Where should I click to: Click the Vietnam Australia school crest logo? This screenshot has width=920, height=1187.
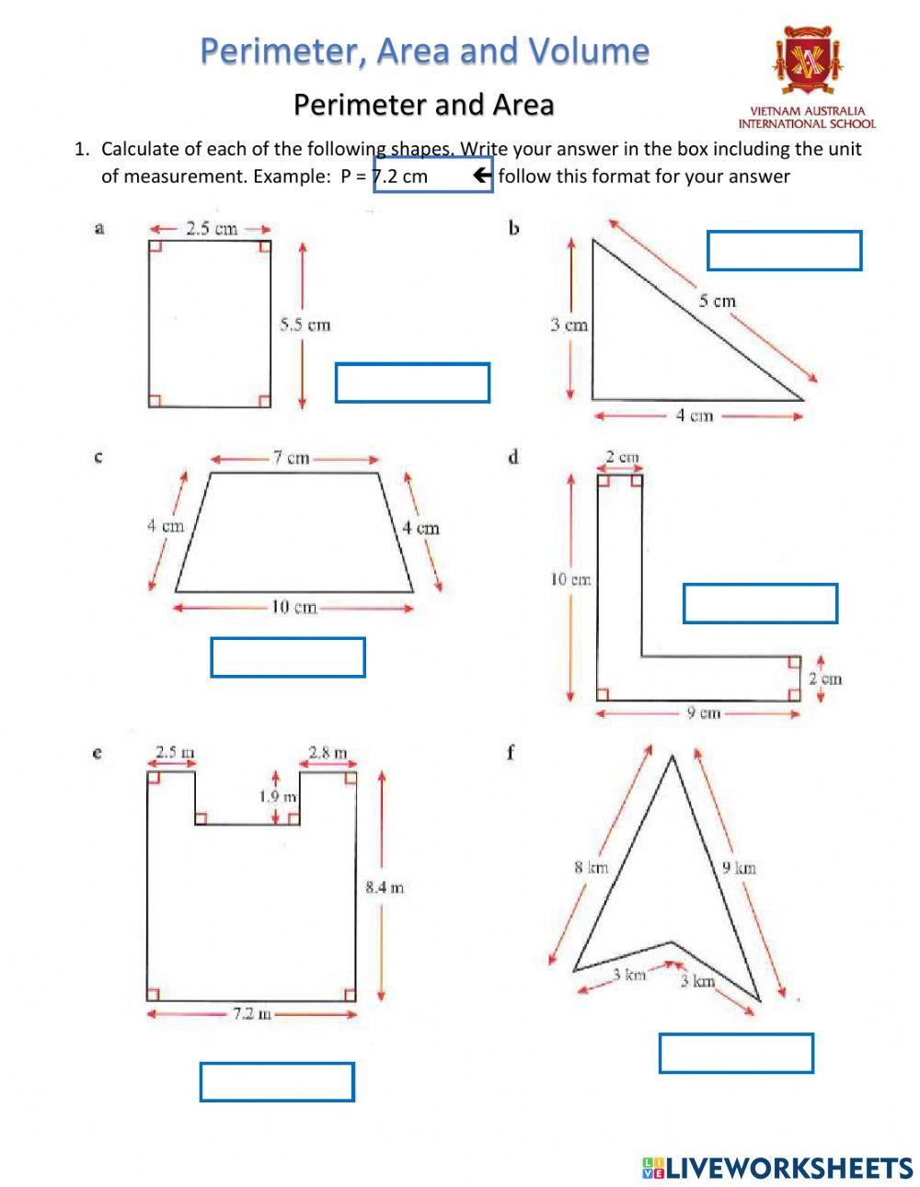[x=806, y=62]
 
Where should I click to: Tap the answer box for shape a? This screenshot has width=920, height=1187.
[x=412, y=383]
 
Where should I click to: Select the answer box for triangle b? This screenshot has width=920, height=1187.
[x=784, y=251]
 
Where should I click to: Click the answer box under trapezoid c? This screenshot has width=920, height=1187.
[x=288, y=657]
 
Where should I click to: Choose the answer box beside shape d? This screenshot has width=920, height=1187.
[x=760, y=603]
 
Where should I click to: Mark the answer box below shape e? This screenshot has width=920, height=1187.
[x=277, y=1082]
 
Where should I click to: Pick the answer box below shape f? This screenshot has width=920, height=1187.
[x=736, y=1054]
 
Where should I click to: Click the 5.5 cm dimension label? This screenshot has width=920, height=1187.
[x=305, y=325]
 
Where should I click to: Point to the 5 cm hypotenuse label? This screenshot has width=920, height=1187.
[x=717, y=301]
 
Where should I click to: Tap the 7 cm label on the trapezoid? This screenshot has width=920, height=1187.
[x=291, y=458]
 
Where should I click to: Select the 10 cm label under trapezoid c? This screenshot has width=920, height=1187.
[x=293, y=607]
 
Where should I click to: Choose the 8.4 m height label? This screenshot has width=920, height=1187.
[x=384, y=887]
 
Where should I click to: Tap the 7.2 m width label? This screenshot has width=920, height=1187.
[x=251, y=1014]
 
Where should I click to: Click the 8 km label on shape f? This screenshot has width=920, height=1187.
[x=592, y=867]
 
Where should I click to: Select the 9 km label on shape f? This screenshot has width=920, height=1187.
[x=739, y=867]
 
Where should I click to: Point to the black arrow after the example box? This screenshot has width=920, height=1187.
[x=483, y=176]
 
